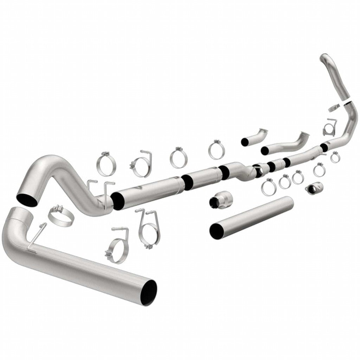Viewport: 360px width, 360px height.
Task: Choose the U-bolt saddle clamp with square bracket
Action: coord(330,127)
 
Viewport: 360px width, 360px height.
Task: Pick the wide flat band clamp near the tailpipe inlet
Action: coord(61,216)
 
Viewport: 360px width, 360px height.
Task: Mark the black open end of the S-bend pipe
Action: coord(27,198)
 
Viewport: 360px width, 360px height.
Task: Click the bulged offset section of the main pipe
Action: coord(241,168)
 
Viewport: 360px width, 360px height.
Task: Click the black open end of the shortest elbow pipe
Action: coord(244,142)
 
